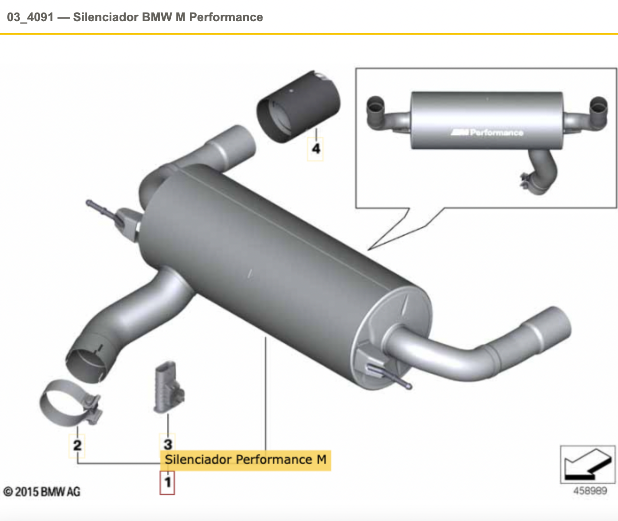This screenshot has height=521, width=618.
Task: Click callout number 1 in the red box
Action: (167, 482)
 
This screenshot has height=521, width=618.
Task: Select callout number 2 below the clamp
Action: (77, 445)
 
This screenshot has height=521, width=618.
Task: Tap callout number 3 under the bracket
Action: (168, 444)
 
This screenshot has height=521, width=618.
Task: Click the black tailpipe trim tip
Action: (298, 107)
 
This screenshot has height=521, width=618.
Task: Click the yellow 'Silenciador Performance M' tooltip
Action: (245, 460)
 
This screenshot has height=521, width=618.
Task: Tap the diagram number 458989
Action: (590, 491)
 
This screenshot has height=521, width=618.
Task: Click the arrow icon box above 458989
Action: (588, 465)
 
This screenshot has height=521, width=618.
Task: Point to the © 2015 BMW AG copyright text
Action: (42, 492)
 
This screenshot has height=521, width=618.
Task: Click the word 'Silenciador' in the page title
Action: (106, 17)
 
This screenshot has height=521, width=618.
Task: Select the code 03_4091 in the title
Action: (30, 17)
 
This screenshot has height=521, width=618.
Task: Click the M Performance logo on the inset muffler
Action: (487, 132)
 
